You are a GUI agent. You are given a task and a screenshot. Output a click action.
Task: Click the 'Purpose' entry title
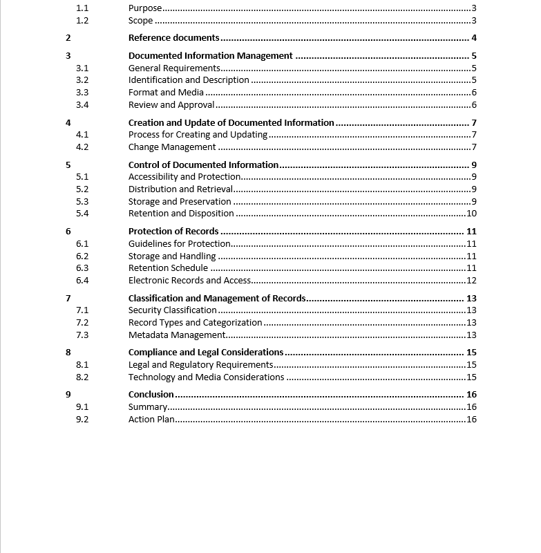(145, 8)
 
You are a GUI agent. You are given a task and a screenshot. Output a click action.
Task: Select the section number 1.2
(82, 20)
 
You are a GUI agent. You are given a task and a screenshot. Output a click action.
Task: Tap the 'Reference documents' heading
(173, 38)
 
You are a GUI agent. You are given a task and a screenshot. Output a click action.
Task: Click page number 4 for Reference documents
(474, 38)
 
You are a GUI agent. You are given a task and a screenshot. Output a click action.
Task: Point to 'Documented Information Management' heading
(210, 56)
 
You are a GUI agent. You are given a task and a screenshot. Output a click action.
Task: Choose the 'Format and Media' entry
(166, 93)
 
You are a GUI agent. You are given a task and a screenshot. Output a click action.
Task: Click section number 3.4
(82, 105)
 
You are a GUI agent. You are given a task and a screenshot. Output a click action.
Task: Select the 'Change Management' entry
(172, 147)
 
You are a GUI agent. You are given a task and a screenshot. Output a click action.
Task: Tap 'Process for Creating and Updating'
(198, 135)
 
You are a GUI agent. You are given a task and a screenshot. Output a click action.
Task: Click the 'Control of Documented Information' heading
(203, 165)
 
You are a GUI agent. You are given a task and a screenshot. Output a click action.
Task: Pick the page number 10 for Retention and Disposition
(471, 214)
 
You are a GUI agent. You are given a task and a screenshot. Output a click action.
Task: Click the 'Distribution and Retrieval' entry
(180, 189)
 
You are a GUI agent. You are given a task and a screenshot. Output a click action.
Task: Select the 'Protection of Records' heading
(173, 232)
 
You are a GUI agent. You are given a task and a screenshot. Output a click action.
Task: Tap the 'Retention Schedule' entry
(168, 268)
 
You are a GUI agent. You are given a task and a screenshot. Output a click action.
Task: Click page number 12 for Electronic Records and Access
(471, 281)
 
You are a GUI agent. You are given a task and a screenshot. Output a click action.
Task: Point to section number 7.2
(82, 323)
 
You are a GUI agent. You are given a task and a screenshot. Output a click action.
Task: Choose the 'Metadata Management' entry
(177, 335)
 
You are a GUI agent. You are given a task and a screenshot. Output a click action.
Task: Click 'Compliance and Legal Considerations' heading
(206, 353)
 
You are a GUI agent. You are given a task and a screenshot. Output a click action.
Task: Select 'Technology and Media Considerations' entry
(206, 377)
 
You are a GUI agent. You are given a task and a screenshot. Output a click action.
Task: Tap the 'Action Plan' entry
(151, 420)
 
